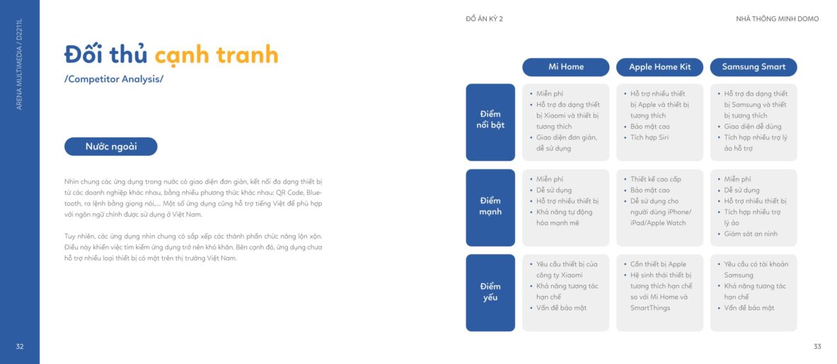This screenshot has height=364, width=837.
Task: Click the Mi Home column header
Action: click(565, 67)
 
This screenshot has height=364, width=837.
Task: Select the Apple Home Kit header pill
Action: click(659, 67)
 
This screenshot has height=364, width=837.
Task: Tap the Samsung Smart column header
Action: click(754, 67)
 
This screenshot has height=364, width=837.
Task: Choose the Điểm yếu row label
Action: click(490, 292)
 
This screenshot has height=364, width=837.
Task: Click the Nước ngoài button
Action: click(111, 147)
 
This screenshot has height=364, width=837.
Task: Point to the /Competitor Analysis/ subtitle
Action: click(114, 79)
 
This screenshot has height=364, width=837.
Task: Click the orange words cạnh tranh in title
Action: click(217, 55)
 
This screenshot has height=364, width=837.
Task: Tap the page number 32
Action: click(20, 346)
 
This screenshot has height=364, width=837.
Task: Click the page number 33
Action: click(816, 346)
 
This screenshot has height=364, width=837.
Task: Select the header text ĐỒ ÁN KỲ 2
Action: click(484, 19)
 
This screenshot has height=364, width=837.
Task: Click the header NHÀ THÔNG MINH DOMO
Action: click(777, 19)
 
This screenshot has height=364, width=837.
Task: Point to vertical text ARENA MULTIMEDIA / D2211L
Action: click(20, 64)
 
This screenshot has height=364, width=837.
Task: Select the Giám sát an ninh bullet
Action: click(747, 234)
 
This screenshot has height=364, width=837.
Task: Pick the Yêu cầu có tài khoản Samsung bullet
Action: click(753, 269)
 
